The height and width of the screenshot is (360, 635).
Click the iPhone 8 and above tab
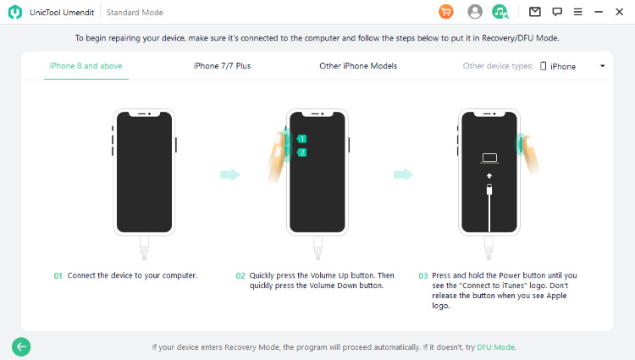(86, 66)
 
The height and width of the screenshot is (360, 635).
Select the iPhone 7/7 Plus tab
(222, 66)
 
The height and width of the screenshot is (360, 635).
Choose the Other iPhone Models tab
(358, 66)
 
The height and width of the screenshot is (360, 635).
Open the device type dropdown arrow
(603, 66)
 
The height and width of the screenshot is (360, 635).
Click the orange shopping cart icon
(446, 12)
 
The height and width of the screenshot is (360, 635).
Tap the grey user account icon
(475, 12)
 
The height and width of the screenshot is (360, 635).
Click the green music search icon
(500, 12)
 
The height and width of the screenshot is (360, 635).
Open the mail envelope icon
(534, 12)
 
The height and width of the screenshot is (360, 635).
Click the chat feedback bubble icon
(557, 12)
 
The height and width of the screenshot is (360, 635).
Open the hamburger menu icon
(578, 12)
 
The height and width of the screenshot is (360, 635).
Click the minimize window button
(599, 12)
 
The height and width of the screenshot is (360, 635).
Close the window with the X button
(619, 12)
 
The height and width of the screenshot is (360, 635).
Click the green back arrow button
(21, 346)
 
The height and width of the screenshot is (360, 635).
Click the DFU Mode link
(495, 347)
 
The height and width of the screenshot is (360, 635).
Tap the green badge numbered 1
(301, 139)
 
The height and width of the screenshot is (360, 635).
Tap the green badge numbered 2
(301, 152)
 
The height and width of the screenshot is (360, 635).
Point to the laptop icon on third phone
(489, 158)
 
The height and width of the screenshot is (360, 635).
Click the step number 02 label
(240, 276)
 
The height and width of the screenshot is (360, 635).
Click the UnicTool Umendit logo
(15, 12)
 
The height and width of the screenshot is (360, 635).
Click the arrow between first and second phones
(230, 174)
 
